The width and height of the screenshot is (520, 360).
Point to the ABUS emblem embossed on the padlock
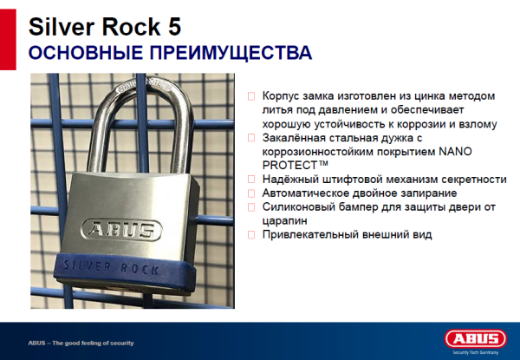point(120,230)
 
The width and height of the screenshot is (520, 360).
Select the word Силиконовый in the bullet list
point(294,207)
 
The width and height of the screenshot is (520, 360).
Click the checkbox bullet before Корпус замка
point(251,95)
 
